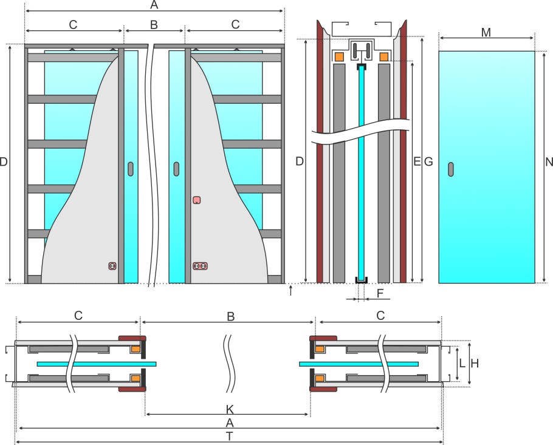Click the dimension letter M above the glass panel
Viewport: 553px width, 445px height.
click(486, 32)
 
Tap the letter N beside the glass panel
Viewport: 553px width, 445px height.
click(549, 161)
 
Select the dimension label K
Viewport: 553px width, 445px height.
click(230, 409)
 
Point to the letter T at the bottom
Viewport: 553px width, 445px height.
click(230, 436)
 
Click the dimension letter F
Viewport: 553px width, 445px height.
click(380, 293)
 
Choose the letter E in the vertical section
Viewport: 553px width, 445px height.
click(417, 161)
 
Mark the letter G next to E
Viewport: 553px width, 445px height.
click(428, 161)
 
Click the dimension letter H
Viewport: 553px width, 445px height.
click(475, 363)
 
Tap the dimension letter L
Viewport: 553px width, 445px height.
click(462, 363)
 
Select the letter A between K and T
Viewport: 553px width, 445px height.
click(230, 423)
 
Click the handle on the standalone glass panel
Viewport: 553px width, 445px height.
click(451, 169)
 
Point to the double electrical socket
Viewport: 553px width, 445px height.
click(200, 266)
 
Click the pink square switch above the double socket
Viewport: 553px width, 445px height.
click(197, 200)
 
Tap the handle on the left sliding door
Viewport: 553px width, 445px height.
click(131, 169)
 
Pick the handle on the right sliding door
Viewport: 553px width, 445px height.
click(176, 169)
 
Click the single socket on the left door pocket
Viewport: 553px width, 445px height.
click(112, 266)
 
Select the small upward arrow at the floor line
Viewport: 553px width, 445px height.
click(290, 291)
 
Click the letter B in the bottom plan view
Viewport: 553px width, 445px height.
click(230, 316)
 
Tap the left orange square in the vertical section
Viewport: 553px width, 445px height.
click(339, 56)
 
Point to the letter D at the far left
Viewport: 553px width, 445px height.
click(4, 161)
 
